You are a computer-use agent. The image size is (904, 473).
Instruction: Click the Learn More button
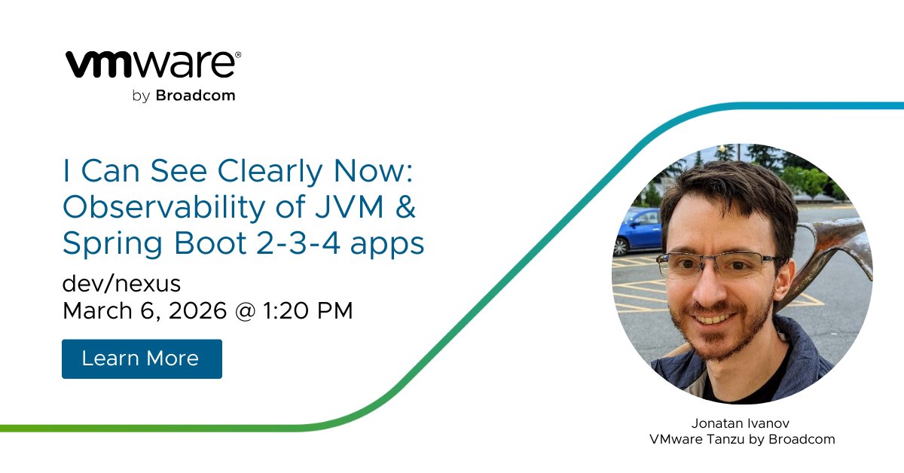click(x=141, y=359)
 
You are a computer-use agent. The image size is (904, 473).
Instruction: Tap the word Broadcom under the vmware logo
click(x=195, y=96)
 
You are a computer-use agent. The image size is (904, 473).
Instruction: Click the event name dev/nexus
click(x=122, y=284)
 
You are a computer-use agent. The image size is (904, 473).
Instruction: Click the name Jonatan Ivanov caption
click(x=742, y=423)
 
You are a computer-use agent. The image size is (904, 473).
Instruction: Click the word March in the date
click(x=95, y=310)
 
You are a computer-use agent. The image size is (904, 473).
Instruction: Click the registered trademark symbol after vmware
click(x=238, y=55)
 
